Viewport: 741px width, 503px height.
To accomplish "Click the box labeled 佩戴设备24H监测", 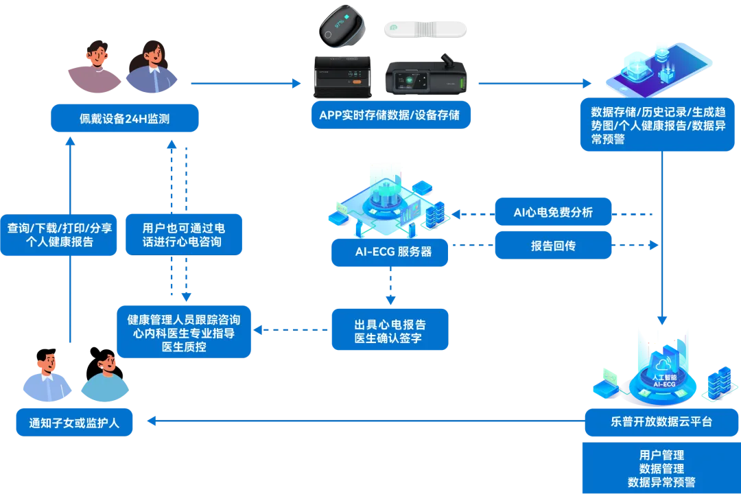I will (x=124, y=119).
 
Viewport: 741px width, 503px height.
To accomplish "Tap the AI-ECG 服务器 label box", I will (x=390, y=252).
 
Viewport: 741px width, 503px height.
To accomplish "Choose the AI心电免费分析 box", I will (x=553, y=212).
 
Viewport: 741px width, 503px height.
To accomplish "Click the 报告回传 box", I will (x=553, y=246).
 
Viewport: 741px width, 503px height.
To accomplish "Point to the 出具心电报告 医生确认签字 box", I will (x=390, y=330).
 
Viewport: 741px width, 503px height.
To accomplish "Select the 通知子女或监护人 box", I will (x=74, y=423).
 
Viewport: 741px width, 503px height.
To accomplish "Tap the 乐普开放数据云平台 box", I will (x=661, y=422).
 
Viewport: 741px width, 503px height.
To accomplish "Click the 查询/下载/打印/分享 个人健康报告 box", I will (x=59, y=235).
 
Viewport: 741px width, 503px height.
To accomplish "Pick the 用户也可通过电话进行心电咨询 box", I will (x=183, y=235).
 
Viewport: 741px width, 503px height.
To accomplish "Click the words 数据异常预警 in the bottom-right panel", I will (x=661, y=482).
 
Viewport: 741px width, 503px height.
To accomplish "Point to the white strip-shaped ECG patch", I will (x=425, y=30).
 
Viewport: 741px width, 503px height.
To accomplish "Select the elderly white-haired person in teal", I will (x=105, y=379).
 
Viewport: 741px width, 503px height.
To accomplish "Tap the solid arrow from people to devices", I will (x=246, y=84).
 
